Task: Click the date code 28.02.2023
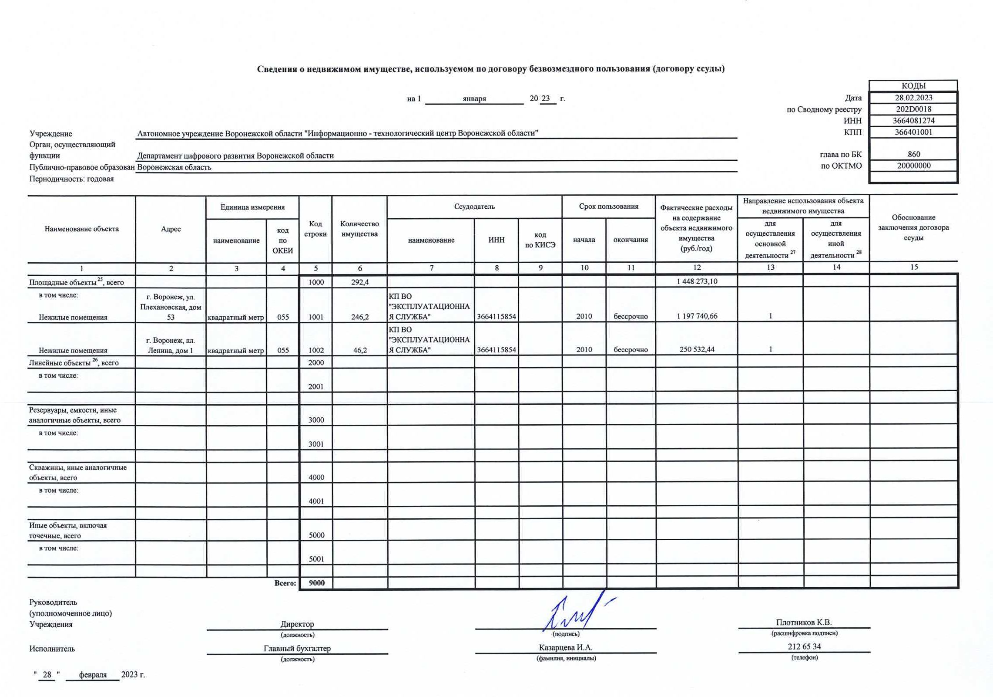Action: pos(913,98)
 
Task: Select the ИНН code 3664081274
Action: pos(913,121)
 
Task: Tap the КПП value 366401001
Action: pos(913,132)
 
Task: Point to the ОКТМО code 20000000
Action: pos(913,166)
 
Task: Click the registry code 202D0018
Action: pos(913,109)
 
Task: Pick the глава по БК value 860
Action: pos(913,154)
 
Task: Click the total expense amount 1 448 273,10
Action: pos(697,281)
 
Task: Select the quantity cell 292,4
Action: pos(360,282)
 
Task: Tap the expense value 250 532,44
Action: pos(697,349)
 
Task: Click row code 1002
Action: pos(316,350)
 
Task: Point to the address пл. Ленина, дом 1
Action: pos(171,345)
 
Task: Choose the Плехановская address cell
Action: pos(171,307)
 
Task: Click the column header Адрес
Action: pos(171,229)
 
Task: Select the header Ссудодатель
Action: pos(474,206)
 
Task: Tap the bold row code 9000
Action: pos(316,583)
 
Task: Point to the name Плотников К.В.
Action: pos(804,622)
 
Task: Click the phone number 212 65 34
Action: pos(804,646)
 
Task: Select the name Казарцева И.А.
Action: pos(565,648)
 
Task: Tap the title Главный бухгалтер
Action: pos(297,648)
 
